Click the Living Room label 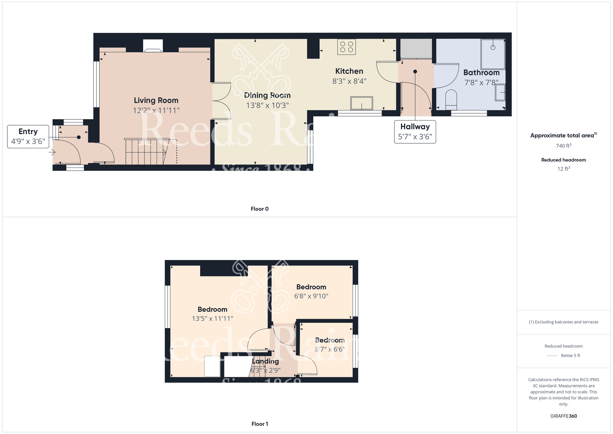[x=156, y=100]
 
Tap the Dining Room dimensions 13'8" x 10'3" [x=267, y=105]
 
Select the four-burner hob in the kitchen [x=347, y=47]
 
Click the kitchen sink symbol [x=362, y=103]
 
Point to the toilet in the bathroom [x=451, y=100]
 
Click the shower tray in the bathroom [x=493, y=54]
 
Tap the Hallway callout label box [x=415, y=132]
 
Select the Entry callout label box [x=28, y=137]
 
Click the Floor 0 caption [x=260, y=209]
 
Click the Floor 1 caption [x=260, y=424]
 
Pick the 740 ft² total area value [x=564, y=146]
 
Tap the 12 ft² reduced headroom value [x=564, y=169]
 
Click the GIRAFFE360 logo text [x=564, y=416]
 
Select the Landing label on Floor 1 [x=265, y=361]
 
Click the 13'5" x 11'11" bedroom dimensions [x=212, y=319]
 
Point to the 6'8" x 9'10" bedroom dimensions [x=311, y=296]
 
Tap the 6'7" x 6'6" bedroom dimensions [x=330, y=349]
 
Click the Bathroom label [x=482, y=73]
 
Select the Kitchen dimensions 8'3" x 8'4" [x=349, y=81]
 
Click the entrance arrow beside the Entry [x=52, y=152]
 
